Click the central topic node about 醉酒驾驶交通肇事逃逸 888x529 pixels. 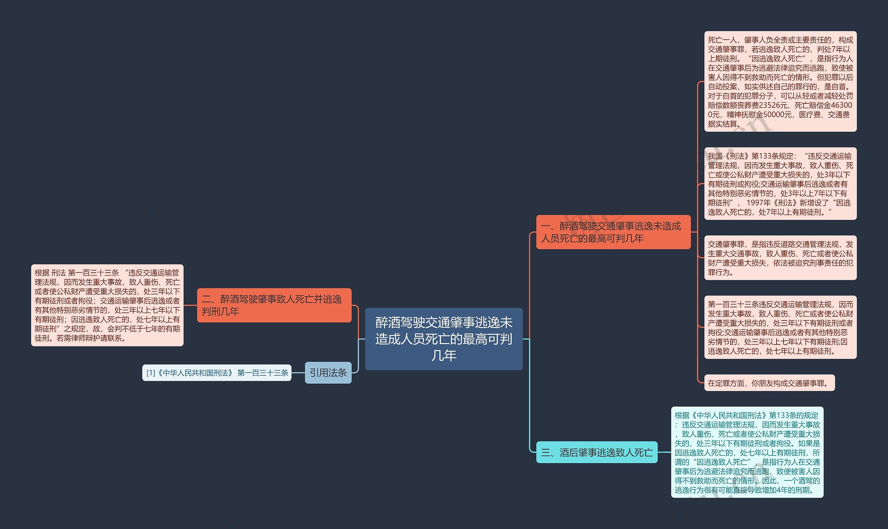(x=444, y=339)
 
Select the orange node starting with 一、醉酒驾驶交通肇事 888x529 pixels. (x=613, y=232)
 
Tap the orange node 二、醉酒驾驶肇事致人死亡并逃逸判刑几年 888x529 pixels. (x=274, y=305)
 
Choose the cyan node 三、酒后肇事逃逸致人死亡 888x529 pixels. (x=597, y=452)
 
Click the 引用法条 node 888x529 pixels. (x=328, y=373)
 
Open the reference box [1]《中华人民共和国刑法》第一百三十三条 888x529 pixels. (x=217, y=373)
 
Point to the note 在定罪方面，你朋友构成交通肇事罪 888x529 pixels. (x=769, y=383)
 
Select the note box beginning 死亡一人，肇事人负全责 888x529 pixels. (x=780, y=81)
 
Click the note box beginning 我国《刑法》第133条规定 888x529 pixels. (x=780, y=184)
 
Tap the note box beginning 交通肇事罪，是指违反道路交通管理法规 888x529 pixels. (x=780, y=258)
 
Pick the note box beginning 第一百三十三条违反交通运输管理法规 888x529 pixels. (x=780, y=327)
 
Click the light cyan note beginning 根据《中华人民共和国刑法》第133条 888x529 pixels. (x=747, y=452)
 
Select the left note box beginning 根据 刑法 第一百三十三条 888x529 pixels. (x=107, y=305)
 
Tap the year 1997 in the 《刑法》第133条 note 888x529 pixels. (x=755, y=203)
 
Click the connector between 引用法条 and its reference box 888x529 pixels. (x=298, y=373)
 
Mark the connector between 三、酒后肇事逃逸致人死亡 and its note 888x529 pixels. (x=664, y=452)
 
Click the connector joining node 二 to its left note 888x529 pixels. (x=190, y=305)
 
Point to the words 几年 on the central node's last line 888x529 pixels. (x=444, y=356)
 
